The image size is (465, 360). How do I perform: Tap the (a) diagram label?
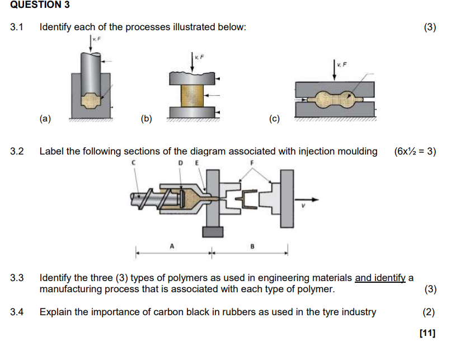[x=45, y=118]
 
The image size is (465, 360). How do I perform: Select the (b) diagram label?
[x=146, y=118]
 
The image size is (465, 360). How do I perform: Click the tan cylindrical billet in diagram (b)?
[x=193, y=93]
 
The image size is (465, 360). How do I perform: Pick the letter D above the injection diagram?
[x=181, y=163]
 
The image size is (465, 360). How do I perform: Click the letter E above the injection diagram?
[x=196, y=163]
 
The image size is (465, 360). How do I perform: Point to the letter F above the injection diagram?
[x=252, y=163]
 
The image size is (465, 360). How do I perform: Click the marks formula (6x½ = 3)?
[x=415, y=152]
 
